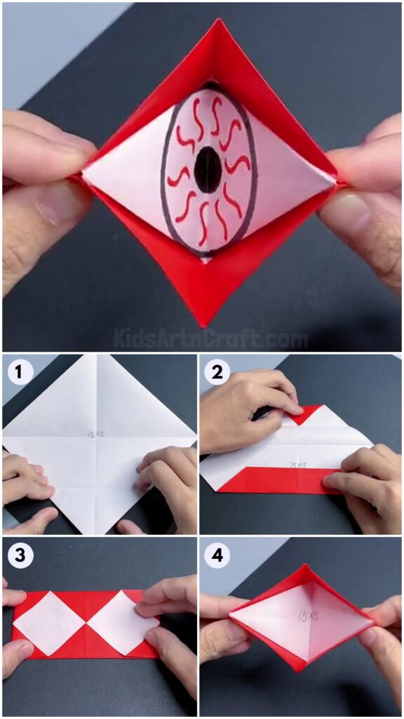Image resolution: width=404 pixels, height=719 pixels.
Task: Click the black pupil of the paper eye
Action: (208, 171)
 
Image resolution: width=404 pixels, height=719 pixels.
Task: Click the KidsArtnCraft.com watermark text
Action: (210, 340)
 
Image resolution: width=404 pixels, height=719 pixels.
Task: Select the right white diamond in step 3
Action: (123, 623)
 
